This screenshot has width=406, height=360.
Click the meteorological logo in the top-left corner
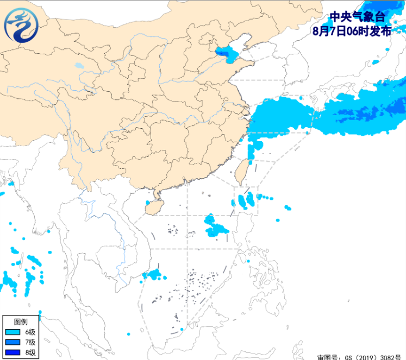point(22,24)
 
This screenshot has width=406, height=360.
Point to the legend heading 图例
point(20,321)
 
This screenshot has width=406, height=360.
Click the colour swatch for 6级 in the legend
point(13,331)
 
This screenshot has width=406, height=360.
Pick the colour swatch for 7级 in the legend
point(13,342)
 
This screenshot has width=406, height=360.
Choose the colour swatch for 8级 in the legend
point(13,352)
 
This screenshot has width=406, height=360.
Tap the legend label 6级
point(29,331)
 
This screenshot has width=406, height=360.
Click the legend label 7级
point(29,342)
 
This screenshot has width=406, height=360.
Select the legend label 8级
point(29,352)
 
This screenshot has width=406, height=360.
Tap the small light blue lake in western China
point(80,66)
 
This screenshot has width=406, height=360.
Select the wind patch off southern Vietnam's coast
point(153,274)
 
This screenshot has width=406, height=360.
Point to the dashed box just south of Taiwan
point(246,200)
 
